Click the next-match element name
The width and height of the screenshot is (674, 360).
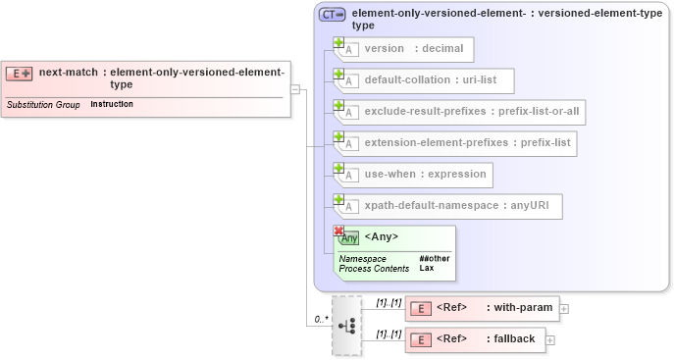68,72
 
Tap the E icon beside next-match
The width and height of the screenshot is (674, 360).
20,74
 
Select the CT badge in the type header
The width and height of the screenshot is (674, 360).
332,15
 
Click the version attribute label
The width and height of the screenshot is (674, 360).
384,49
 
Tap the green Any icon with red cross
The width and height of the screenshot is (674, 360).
346,236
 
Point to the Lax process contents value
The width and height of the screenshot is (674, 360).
427,268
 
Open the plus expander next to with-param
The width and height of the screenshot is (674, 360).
564,309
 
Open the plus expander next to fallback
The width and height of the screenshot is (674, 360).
550,340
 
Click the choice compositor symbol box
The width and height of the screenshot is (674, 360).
346,325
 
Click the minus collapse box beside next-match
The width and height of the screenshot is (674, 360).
295,88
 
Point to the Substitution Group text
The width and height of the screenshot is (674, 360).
43,104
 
